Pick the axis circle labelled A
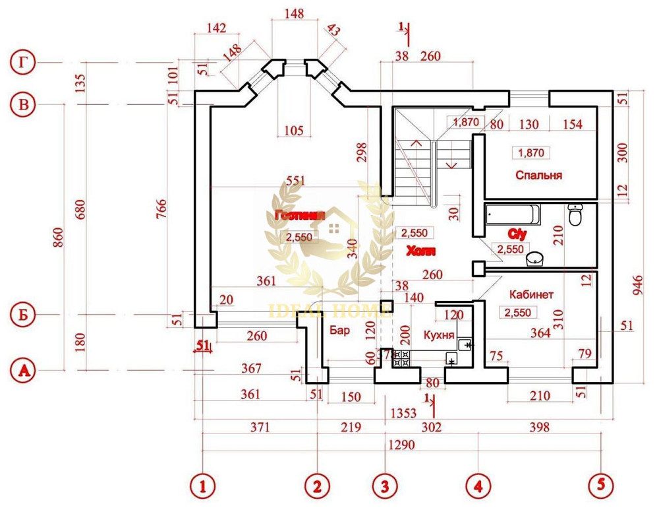tap(24, 370)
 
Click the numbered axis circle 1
tap(203, 486)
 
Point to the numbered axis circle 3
tap(385, 486)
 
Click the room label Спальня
tap(538, 176)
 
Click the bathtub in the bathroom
tap(512, 214)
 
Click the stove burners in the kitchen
tap(401, 358)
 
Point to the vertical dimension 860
tap(57, 236)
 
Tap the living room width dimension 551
tap(297, 181)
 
